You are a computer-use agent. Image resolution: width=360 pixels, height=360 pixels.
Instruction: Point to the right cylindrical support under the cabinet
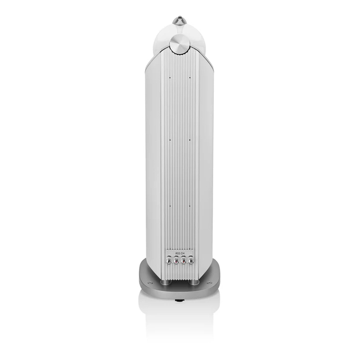195,281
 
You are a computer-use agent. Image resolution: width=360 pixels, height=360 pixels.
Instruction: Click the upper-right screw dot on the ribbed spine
190,78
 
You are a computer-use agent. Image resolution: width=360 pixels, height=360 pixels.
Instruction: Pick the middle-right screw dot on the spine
190,140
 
